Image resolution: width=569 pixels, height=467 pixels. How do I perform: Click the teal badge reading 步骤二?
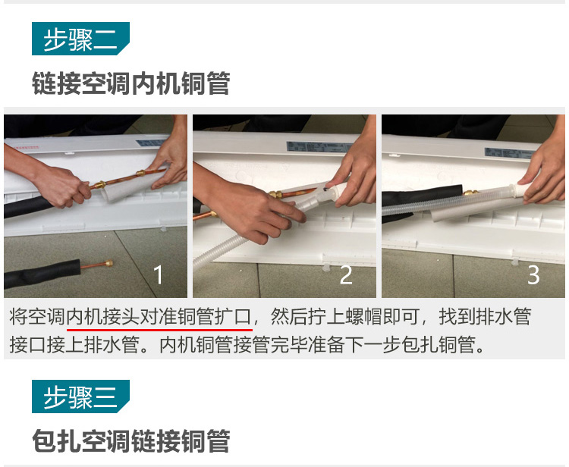point(80,39)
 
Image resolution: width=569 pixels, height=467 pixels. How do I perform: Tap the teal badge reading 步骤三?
point(80,397)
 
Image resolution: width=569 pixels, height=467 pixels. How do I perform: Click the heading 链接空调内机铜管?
point(130,83)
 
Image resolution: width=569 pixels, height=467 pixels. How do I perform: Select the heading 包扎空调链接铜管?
point(130,440)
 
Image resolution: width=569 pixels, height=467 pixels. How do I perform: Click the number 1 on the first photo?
point(158,274)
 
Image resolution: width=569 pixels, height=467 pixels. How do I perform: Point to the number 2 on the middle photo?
point(346,274)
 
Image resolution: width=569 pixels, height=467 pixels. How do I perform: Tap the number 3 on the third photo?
point(533,274)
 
